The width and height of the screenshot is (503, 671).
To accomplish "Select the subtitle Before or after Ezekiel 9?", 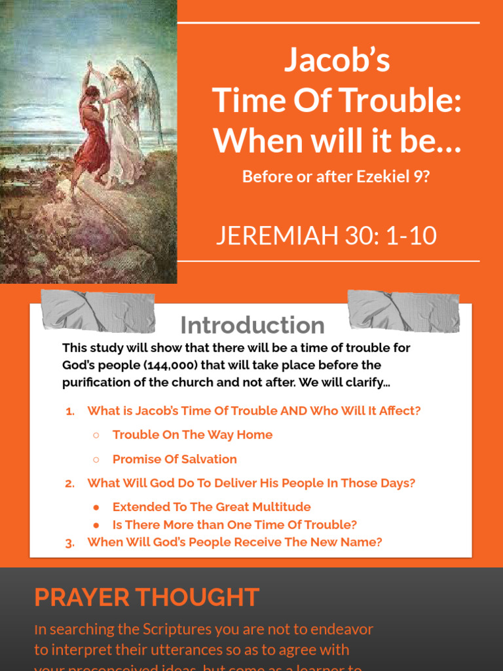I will click(336, 176).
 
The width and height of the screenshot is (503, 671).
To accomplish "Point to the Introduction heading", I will click(252, 325).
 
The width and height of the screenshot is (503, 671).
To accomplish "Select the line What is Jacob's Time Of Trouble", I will click(253, 411).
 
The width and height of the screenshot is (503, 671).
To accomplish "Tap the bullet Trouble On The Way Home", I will click(192, 435).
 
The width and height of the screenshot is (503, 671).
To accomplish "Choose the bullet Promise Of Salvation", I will click(174, 459).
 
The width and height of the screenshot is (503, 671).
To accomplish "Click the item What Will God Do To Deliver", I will click(251, 484).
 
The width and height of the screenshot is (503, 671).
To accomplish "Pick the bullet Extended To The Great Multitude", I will click(211, 507).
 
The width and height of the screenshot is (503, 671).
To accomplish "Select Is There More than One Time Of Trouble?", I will click(234, 525).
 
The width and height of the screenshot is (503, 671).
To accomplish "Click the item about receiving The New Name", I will click(234, 543).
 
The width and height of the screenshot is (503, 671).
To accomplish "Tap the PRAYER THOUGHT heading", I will click(147, 598).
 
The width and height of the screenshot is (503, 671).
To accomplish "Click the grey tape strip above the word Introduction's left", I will click(98, 311).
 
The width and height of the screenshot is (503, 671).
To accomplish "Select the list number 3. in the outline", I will click(69, 543).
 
